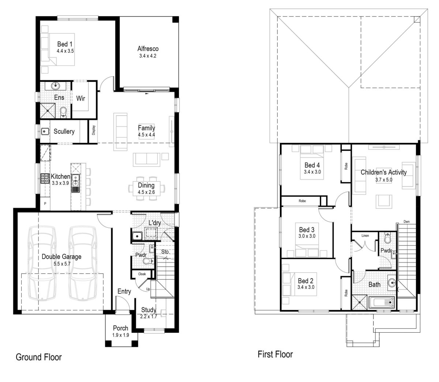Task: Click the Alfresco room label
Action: [x=148, y=48]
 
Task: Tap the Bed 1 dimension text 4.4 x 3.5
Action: [x=65, y=51]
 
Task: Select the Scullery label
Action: [x=64, y=131]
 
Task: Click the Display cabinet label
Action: [x=94, y=131]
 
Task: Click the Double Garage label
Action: [x=61, y=257]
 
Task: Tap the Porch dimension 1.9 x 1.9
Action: [x=120, y=335]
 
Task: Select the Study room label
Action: [x=149, y=310]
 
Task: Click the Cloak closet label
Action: [x=142, y=274]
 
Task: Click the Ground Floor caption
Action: [x=38, y=357]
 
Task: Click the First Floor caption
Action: [x=275, y=354]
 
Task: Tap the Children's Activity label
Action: [x=383, y=172]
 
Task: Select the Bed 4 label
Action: [x=312, y=165]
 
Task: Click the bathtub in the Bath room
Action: [x=382, y=303]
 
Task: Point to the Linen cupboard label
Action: [x=365, y=236]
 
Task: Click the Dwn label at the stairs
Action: [x=406, y=222]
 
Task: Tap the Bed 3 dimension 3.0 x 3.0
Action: [x=307, y=236]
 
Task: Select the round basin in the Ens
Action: [x=56, y=86]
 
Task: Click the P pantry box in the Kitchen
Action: [x=45, y=204]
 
